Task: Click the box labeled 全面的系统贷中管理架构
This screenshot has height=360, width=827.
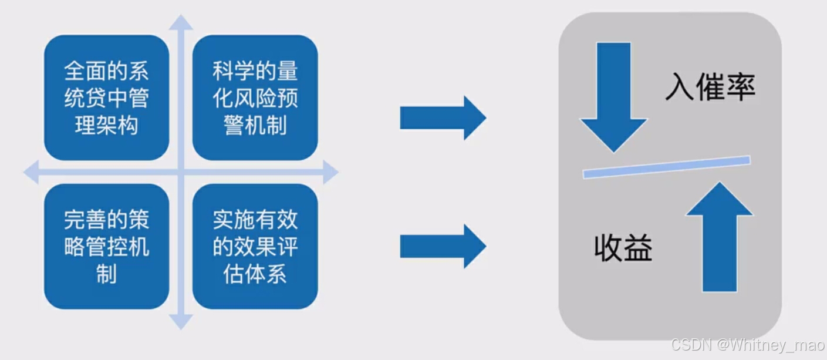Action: (106, 97)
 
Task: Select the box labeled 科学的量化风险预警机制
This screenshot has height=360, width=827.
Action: (255, 97)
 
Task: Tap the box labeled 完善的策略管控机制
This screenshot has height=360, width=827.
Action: (106, 246)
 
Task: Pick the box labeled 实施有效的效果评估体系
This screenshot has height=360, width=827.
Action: (255, 246)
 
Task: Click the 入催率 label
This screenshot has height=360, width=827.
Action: (710, 88)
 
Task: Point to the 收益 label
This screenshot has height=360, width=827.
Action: (623, 248)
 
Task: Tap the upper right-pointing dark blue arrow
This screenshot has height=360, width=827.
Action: (443, 117)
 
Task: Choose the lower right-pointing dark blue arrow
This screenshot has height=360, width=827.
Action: (443, 246)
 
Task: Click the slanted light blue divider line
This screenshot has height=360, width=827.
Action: (667, 166)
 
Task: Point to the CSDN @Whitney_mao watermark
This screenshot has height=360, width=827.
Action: (748, 345)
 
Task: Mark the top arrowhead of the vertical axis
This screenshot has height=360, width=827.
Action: (181, 22)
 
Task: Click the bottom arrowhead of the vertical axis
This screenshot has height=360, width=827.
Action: (181, 322)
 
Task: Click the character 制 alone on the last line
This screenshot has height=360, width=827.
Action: (106, 274)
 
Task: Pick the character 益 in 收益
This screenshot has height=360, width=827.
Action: (638, 248)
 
